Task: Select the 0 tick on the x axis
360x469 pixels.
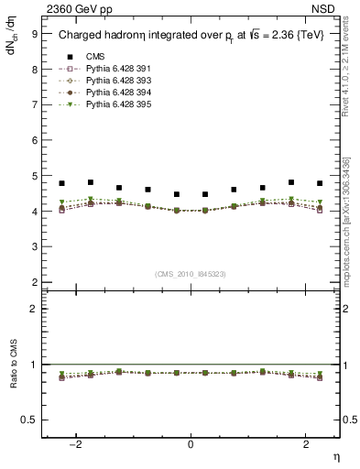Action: coord(191,444)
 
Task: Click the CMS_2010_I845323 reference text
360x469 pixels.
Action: coord(191,274)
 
